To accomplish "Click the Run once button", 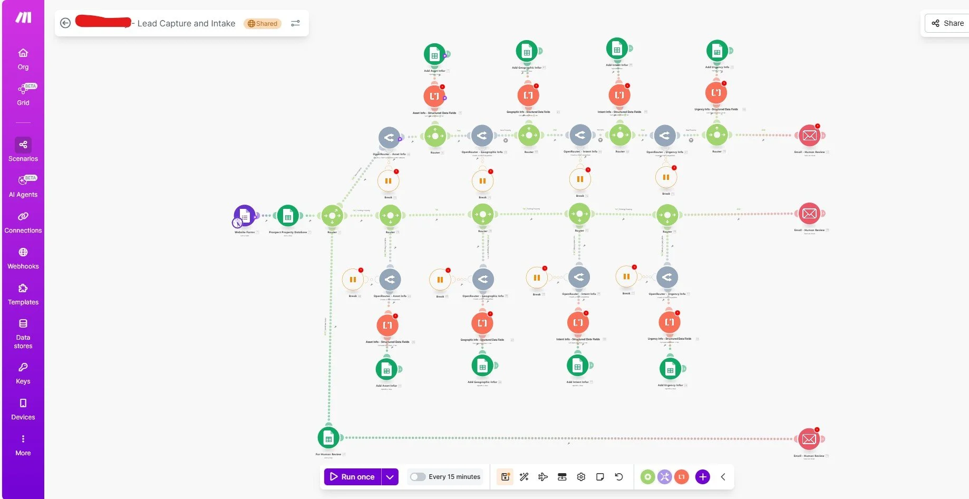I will [x=352, y=477].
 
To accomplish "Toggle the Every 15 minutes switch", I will [x=418, y=477].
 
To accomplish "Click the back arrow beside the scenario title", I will [x=65, y=23].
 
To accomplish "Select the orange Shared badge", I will [x=263, y=24].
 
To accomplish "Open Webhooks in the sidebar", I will [x=23, y=258].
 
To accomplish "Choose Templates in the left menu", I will [x=23, y=294].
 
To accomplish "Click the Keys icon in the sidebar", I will [x=23, y=373].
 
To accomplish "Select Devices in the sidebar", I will [x=23, y=409].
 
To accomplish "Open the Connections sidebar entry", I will [x=23, y=222].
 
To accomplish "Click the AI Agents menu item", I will [x=23, y=186].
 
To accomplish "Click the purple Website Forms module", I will [x=245, y=216].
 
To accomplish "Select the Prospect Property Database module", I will [x=288, y=216].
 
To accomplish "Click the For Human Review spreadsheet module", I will [x=328, y=438].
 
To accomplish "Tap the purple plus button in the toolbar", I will [x=702, y=477].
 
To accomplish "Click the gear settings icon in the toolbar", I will [x=581, y=477].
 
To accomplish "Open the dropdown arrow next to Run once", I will [x=390, y=477].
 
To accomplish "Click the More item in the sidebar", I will [x=23, y=445].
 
